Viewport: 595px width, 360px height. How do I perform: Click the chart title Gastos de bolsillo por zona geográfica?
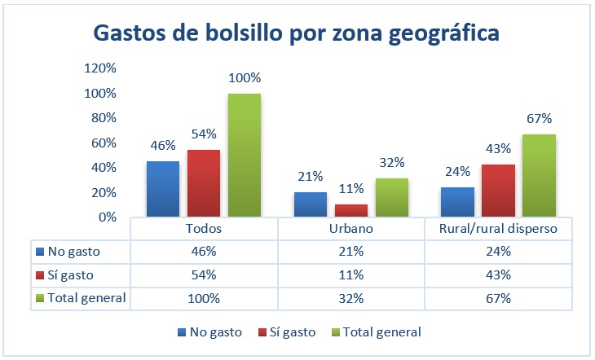pyautogui.click(x=297, y=33)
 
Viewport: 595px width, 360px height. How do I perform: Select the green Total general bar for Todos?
pyautogui.click(x=245, y=155)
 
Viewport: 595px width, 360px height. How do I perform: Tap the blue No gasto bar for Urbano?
pyautogui.click(x=311, y=204)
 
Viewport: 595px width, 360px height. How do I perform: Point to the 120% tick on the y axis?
pyautogui.click(x=99, y=68)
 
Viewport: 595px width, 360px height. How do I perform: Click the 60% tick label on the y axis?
pyautogui.click(x=103, y=143)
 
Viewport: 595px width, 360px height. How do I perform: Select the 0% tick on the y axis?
pyautogui.click(x=106, y=217)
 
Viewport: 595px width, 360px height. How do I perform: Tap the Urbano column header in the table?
pyautogui.click(x=351, y=229)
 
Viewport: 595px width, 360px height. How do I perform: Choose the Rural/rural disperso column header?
pyautogui.click(x=499, y=229)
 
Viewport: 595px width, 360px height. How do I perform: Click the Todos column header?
pyautogui.click(x=204, y=229)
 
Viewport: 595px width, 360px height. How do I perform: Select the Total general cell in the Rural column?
pyautogui.click(x=499, y=298)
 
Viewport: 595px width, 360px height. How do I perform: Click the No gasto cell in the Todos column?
pyautogui.click(x=204, y=252)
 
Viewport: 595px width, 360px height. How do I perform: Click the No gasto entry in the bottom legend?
pyautogui.click(x=210, y=331)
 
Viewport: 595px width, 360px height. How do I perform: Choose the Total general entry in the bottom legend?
pyautogui.click(x=376, y=331)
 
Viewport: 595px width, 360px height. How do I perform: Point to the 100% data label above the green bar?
pyautogui.click(x=245, y=78)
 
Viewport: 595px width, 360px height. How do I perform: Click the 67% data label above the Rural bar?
pyautogui.click(x=540, y=119)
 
